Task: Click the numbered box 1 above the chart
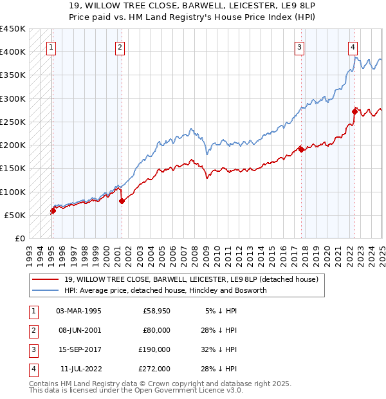50,46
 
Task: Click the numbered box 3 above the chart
300,46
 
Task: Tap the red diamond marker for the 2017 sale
301,150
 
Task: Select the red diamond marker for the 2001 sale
122,201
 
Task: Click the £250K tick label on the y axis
12,122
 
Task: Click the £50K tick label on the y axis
15,215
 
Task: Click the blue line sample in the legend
46,290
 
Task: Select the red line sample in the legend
46,279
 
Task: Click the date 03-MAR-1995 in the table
78,311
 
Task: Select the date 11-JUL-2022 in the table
78,369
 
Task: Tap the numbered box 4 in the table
32,369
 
